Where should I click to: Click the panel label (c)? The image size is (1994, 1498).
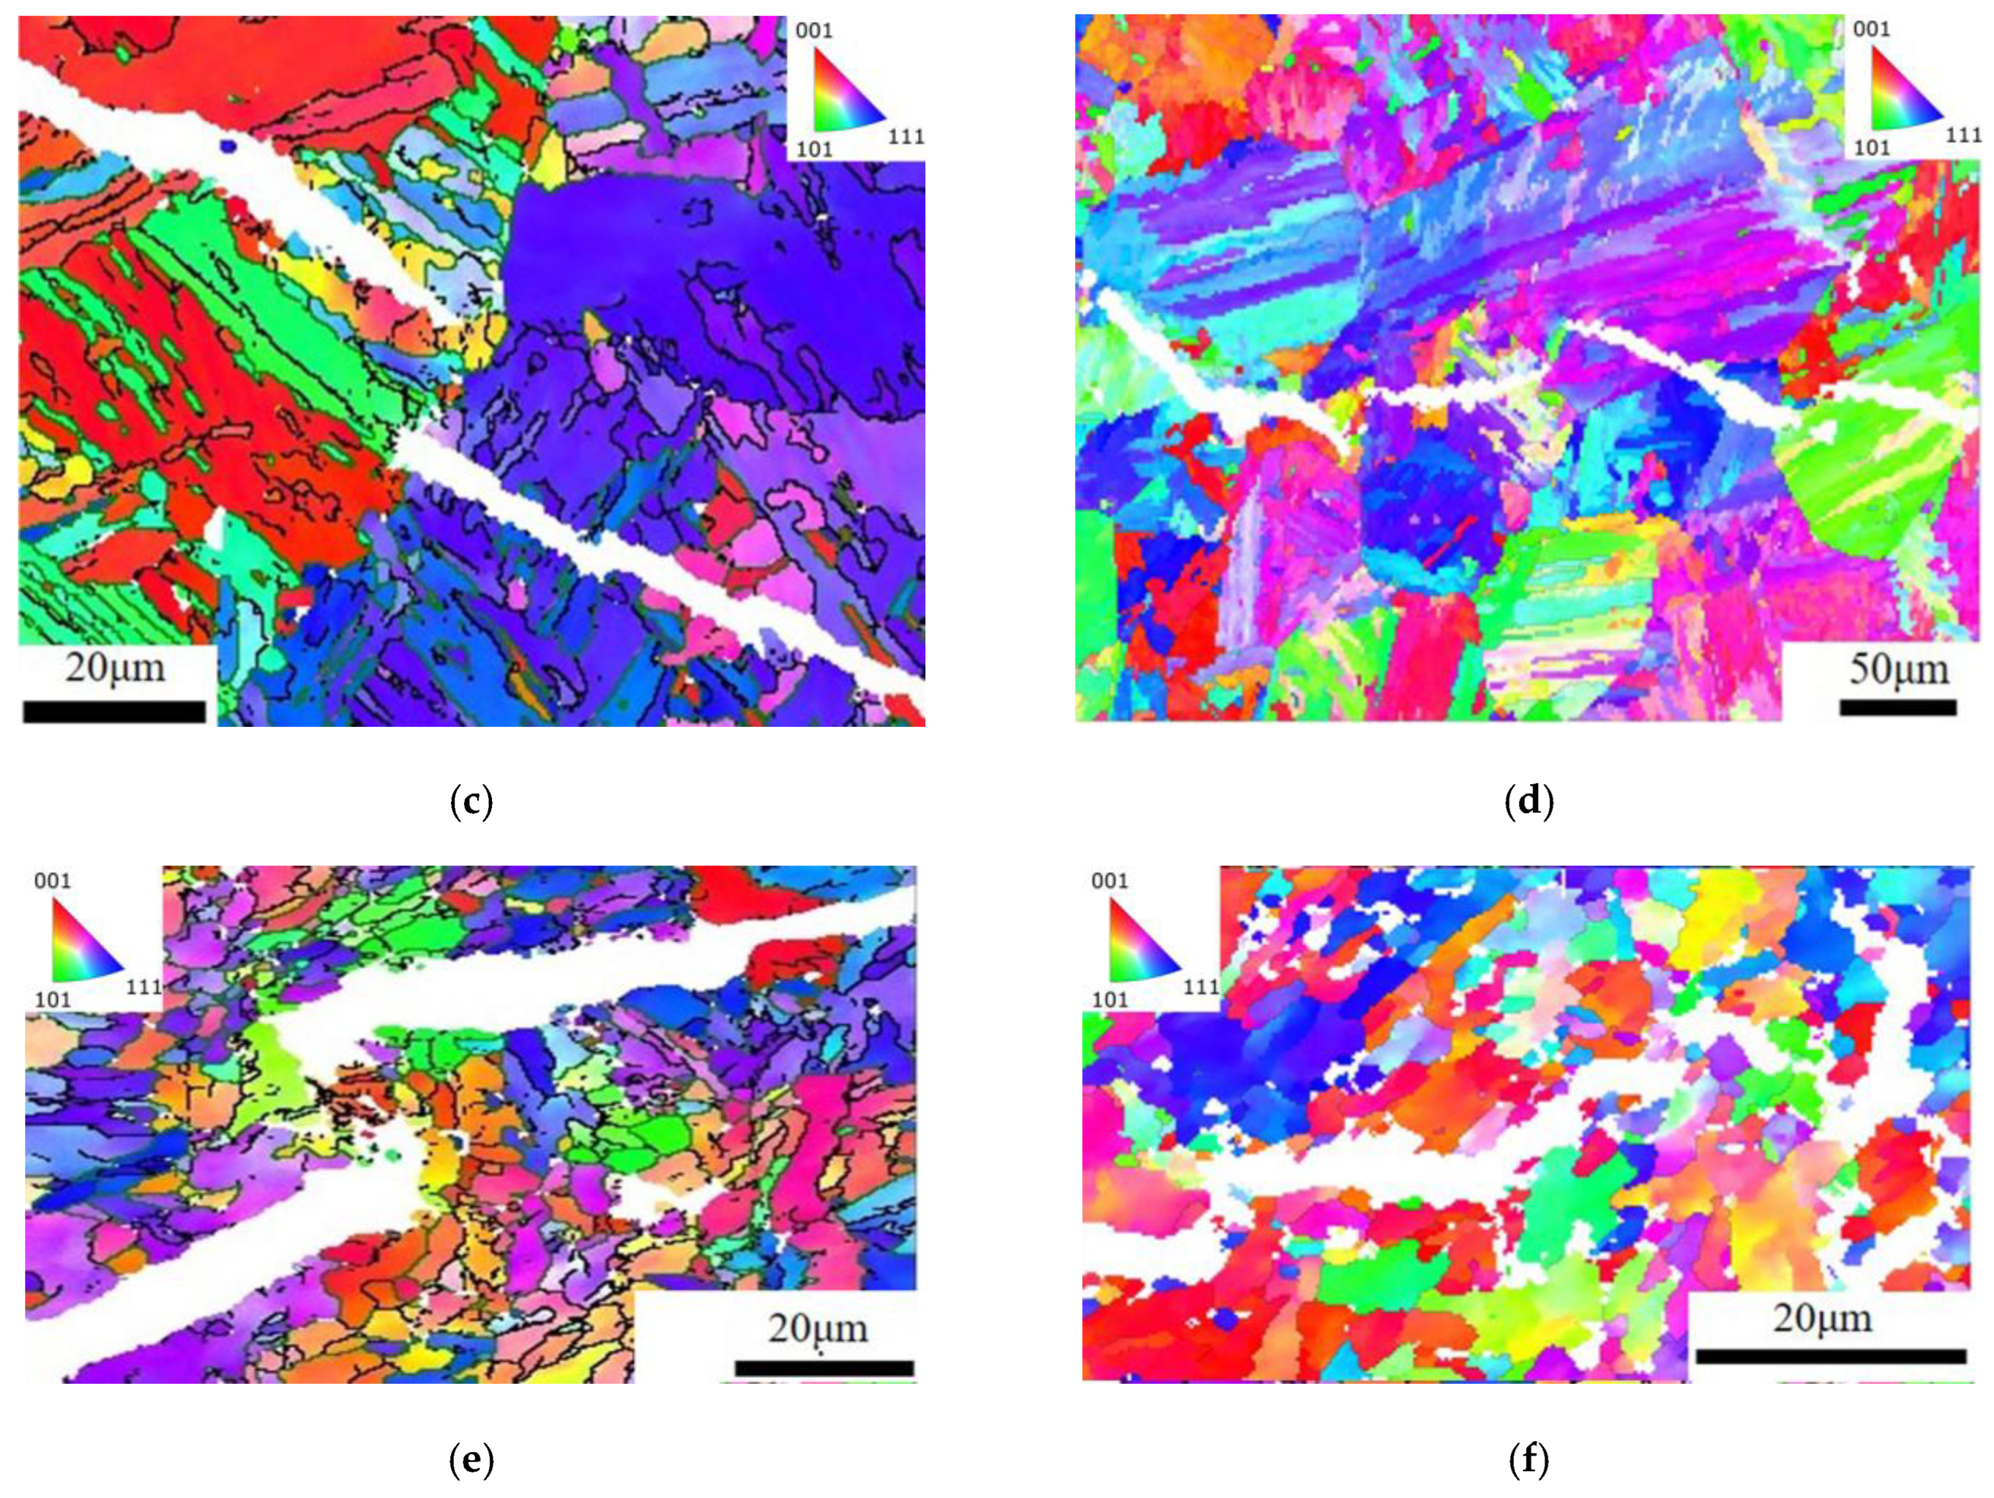click(471, 801)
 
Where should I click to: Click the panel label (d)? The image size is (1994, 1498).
click(1529, 801)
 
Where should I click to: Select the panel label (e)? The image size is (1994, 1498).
click(471, 1460)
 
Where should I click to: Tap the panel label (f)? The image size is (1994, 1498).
click(1529, 1460)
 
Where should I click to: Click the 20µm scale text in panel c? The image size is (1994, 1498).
click(115, 668)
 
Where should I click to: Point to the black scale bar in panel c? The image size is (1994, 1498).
click(115, 712)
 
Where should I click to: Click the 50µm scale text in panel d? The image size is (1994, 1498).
click(1898, 669)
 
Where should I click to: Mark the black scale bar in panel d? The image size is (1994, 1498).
click(1898, 708)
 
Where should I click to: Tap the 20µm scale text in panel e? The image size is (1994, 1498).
click(817, 1329)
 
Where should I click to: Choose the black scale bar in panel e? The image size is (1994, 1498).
click(824, 1368)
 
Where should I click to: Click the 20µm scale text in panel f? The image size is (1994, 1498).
click(1822, 1318)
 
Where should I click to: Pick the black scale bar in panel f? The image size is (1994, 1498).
click(1831, 1357)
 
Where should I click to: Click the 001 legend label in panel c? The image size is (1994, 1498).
click(814, 31)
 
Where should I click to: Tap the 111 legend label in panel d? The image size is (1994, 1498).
click(1963, 135)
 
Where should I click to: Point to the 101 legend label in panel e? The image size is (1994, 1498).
click(53, 999)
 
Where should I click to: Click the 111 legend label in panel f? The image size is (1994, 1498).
click(1201, 987)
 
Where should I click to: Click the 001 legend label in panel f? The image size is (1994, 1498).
click(1109, 880)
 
